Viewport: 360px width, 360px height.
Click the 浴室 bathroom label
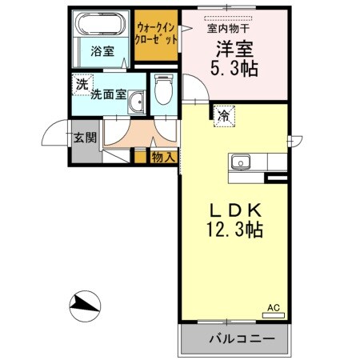(x=102, y=51)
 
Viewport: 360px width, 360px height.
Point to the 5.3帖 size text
(x=235, y=69)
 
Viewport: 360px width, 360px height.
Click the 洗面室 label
(x=107, y=94)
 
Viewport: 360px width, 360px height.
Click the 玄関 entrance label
(x=85, y=137)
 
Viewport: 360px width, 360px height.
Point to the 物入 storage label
(x=163, y=157)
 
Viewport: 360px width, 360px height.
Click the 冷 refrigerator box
(x=224, y=115)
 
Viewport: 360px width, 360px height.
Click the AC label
(x=273, y=307)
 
